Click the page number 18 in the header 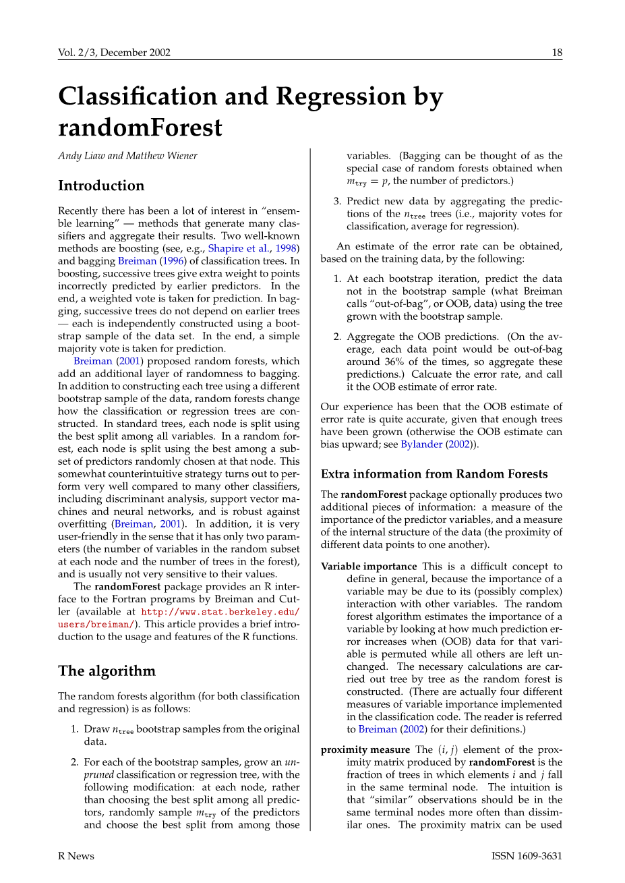tap(557, 53)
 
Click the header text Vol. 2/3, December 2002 tap(114, 53)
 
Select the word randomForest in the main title tap(140, 127)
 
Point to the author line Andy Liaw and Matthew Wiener tap(127, 156)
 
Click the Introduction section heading tap(101, 186)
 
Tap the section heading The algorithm tap(107, 671)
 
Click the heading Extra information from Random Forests tap(434, 474)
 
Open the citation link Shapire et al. tap(235, 248)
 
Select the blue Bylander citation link tap(421, 445)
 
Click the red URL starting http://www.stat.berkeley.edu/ tap(220, 612)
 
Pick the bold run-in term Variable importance tap(369, 567)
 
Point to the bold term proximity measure tap(365, 749)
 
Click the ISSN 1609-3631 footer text tap(527, 856)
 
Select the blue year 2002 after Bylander tap(459, 445)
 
